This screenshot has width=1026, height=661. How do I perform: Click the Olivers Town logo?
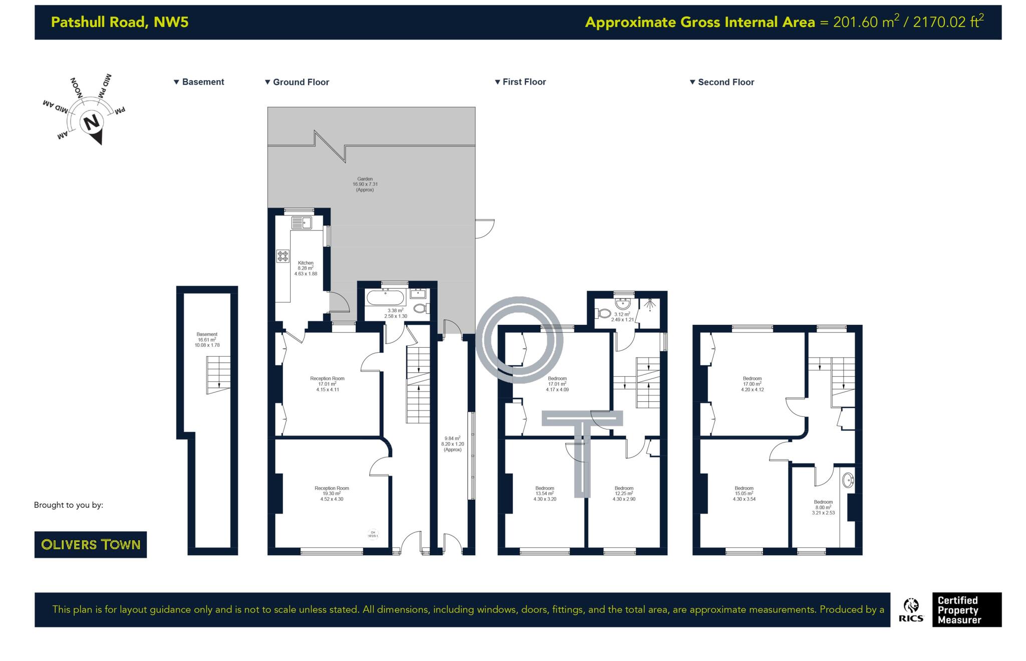click(x=90, y=544)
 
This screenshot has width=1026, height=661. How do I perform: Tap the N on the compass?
click(x=91, y=122)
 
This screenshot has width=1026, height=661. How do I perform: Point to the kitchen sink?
click(x=302, y=223)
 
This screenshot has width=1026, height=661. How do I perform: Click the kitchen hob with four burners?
click(x=283, y=256)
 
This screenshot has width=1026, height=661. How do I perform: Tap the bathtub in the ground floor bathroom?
click(x=385, y=298)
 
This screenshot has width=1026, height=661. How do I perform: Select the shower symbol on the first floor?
click(x=650, y=304)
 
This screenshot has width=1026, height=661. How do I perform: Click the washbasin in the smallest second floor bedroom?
click(x=848, y=480)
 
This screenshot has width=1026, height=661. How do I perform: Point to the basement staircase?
click(x=218, y=374)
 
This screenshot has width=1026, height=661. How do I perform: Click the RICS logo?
click(x=911, y=610)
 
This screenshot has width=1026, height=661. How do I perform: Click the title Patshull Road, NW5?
click(x=120, y=22)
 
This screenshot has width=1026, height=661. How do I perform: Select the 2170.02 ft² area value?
click(x=948, y=22)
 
